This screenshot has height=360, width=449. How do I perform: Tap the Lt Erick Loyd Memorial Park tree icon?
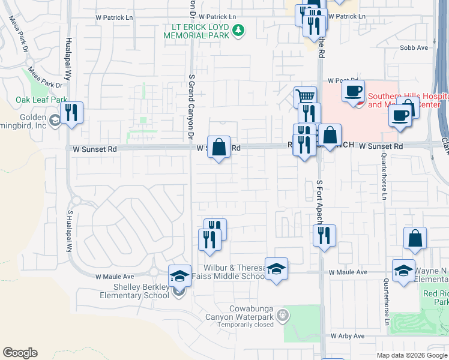coord(239,29)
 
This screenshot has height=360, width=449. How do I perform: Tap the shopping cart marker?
coord(305,95)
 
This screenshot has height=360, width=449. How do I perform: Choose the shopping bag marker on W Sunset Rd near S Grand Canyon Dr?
coord(219,146)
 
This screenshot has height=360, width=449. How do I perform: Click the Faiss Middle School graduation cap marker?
coord(276,268)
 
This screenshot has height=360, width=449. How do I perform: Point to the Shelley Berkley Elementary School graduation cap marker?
coord(179,275)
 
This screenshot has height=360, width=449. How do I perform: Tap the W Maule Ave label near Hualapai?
coord(113,277)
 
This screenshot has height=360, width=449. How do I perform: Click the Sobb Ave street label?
coord(414,47)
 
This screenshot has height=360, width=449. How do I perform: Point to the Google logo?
coord(20,353)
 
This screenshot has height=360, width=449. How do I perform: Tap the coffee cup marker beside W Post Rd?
coord(354,91)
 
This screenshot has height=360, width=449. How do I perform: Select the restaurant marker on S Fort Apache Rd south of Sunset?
coord(324,235)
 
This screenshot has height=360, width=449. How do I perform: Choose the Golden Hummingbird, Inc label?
coord(31,121)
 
